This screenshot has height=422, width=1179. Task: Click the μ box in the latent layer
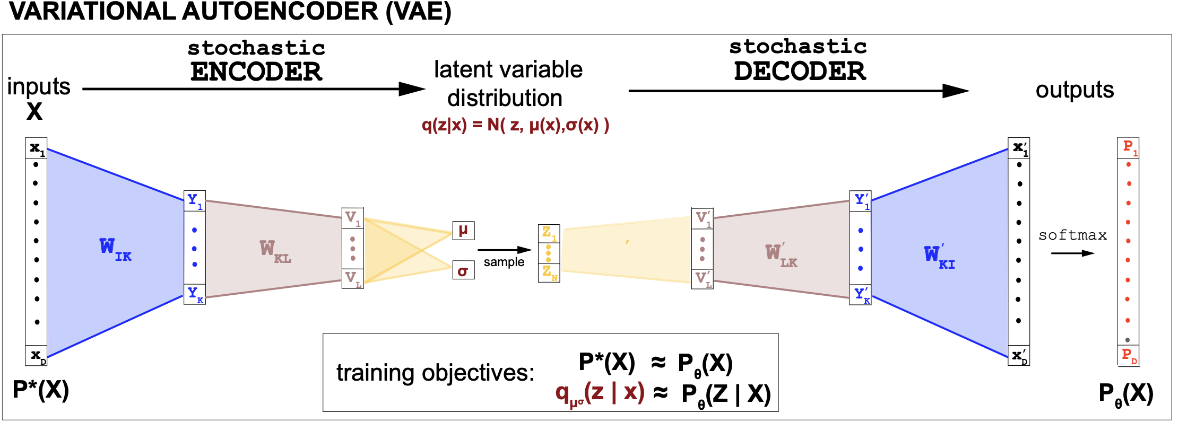point(463,231)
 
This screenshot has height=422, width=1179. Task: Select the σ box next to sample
point(463,270)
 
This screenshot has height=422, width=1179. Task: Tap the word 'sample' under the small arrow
point(504,262)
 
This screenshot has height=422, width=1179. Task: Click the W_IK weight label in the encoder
point(115,248)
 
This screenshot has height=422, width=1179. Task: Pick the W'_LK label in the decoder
point(781,255)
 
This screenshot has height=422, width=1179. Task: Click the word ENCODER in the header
point(256,72)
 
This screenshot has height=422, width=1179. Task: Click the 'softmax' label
point(1072,235)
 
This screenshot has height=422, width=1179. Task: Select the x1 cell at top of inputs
point(37,148)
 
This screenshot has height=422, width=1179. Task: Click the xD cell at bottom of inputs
point(37,355)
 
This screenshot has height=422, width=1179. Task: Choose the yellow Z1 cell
point(549,233)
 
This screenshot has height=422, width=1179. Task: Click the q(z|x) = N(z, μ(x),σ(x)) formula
point(515,125)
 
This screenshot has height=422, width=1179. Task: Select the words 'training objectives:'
point(435,373)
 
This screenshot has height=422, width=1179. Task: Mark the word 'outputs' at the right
point(1074,90)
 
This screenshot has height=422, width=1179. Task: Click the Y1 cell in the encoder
point(194,200)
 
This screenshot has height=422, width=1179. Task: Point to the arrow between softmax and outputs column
point(1072,253)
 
